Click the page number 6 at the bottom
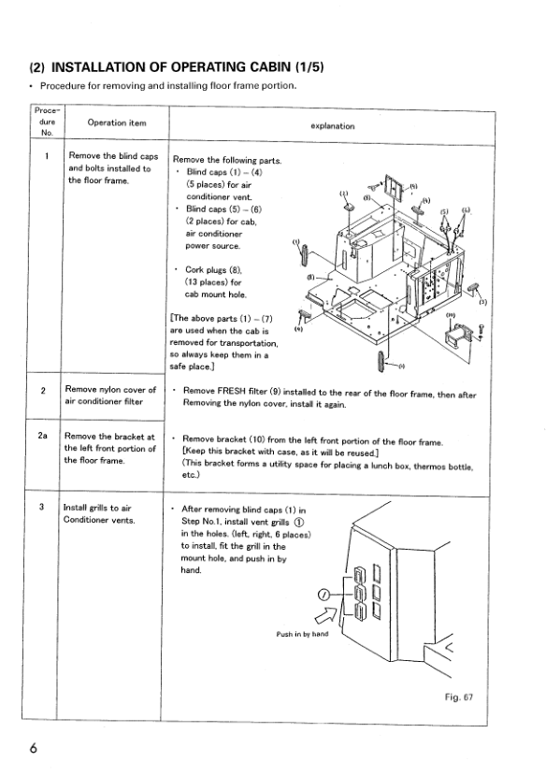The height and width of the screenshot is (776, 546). [33, 748]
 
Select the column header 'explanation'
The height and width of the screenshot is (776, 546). [333, 126]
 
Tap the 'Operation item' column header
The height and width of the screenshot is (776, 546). [117, 122]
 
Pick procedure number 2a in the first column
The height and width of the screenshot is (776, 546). [43, 436]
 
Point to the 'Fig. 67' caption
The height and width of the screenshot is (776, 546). [459, 697]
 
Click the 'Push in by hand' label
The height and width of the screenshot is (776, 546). [302, 634]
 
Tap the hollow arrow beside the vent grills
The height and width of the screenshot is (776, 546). [326, 614]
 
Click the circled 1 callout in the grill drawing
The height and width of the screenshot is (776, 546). [323, 595]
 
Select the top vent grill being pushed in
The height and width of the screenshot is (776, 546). [359, 576]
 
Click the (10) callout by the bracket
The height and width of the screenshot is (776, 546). [451, 315]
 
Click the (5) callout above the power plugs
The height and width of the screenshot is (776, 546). [444, 212]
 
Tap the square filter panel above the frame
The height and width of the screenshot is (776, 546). [395, 188]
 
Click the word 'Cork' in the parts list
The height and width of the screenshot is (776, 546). [195, 269]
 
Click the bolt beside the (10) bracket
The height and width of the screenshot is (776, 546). [481, 331]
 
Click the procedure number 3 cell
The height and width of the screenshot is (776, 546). [41, 507]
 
